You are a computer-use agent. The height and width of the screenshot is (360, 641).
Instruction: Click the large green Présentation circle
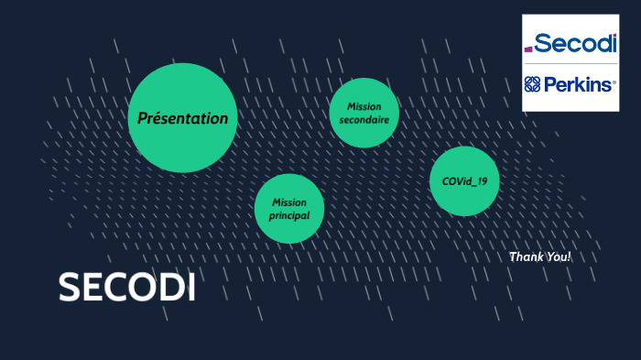click(x=182, y=117)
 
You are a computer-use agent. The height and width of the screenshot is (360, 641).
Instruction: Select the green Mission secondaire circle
click(x=364, y=113)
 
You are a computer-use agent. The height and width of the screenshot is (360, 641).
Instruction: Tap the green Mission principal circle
click(x=288, y=209)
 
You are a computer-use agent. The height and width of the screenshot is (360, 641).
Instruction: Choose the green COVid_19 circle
click(x=464, y=180)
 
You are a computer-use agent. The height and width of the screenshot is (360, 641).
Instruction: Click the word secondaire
click(x=364, y=120)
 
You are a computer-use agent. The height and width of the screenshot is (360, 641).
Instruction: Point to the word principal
click(x=288, y=216)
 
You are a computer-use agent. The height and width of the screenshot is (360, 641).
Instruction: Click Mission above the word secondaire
click(x=364, y=106)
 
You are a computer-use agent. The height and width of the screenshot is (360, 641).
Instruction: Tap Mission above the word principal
click(x=289, y=202)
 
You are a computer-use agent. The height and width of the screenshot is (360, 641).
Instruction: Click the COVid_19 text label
click(x=464, y=181)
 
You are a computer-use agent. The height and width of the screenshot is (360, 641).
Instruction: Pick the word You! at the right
click(x=558, y=257)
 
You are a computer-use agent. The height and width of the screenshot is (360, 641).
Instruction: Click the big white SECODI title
click(x=126, y=288)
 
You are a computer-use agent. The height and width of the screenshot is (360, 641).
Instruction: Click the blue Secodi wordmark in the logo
click(x=576, y=43)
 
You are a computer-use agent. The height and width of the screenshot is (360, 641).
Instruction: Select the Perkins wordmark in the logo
click(x=581, y=85)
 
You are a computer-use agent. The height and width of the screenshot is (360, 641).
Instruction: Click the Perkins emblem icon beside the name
click(x=532, y=85)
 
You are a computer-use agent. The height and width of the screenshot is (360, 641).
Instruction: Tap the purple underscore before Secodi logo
click(x=528, y=50)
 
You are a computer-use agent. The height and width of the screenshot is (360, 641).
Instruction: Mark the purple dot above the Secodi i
click(x=614, y=36)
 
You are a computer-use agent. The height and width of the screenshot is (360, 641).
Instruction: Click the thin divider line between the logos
click(x=570, y=64)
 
